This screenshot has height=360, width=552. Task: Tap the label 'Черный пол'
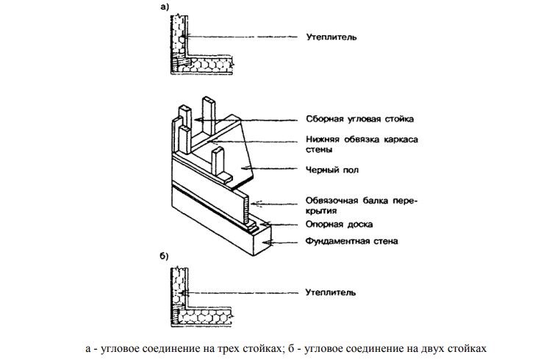click(x=327, y=170)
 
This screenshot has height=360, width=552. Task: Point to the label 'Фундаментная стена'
click(x=347, y=240)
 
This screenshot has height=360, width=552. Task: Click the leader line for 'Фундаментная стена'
click(x=287, y=240)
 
